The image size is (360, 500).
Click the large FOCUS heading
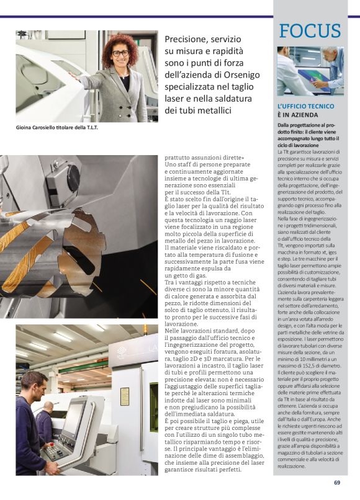click(x=310, y=30)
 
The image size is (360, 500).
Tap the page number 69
click(x=337, y=483)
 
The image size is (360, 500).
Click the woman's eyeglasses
click(x=120, y=53)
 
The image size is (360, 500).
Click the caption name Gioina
click(x=24, y=128)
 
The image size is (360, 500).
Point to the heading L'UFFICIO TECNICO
click(x=306, y=107)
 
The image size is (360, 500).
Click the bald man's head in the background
click(x=49, y=407)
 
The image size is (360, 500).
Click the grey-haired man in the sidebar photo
click(x=333, y=68)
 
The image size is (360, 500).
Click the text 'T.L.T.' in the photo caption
click(x=92, y=128)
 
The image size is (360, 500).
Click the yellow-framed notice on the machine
click(x=125, y=396)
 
